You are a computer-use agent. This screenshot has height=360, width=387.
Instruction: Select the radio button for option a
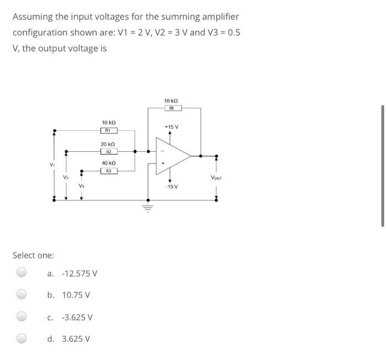click(x=21, y=272)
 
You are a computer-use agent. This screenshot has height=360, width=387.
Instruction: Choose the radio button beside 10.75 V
click(x=21, y=294)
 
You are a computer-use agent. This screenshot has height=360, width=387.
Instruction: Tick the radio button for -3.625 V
click(x=21, y=316)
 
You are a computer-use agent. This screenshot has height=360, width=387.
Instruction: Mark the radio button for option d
click(x=21, y=338)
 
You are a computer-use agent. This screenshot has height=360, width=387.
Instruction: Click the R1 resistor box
click(x=109, y=131)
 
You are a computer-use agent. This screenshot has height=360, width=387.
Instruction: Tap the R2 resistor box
click(x=109, y=151)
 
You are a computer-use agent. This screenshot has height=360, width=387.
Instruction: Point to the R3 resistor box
click(x=109, y=171)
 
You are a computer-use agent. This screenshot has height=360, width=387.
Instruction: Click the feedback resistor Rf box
click(x=171, y=109)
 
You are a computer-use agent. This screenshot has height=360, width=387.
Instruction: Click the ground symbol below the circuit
click(x=148, y=209)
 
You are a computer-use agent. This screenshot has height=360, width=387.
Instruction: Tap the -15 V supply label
click(x=171, y=187)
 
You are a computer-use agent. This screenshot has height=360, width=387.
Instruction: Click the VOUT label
click(x=216, y=177)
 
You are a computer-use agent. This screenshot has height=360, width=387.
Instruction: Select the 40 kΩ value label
click(x=109, y=163)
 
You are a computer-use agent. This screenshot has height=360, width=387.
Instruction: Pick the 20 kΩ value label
click(x=109, y=143)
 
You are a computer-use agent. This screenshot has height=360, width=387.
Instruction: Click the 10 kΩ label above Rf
click(x=171, y=100)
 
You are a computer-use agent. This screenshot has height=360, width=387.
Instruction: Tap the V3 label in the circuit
click(x=81, y=186)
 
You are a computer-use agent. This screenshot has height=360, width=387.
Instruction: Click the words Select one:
click(x=33, y=255)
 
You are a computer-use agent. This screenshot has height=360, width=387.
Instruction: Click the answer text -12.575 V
click(x=80, y=273)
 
